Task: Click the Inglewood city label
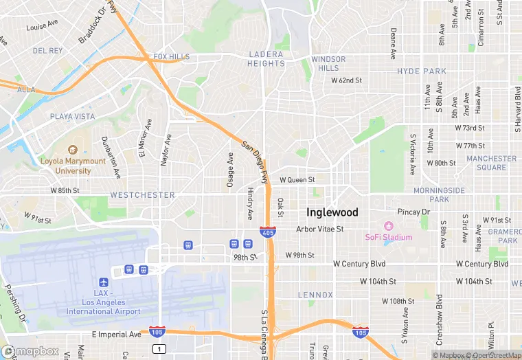[332, 212]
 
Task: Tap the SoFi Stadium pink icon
[388, 226]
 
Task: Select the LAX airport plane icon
[104, 282]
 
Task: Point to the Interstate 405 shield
[269, 232]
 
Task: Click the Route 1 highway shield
[160, 349]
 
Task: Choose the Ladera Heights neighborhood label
[266, 59]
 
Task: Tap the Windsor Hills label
[328, 64]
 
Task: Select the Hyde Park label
[422, 71]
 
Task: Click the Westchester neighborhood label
[142, 195]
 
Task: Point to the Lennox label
[315, 295]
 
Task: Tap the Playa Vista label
[72, 117]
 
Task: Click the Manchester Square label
[491, 163]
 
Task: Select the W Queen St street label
[297, 180]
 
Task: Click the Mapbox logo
[31, 351]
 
